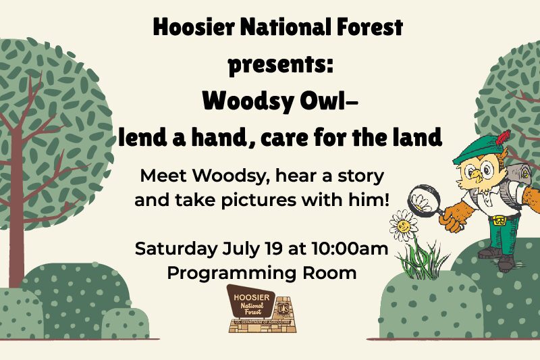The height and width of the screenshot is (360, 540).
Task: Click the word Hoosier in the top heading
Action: pyautogui.click(x=194, y=27)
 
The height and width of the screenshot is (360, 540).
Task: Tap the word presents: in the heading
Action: pyautogui.click(x=281, y=65)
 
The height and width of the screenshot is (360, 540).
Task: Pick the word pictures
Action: pyautogui.click(x=259, y=200)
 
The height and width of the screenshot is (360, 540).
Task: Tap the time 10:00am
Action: pyautogui.click(x=350, y=249)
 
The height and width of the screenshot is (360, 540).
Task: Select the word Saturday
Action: pyautogui.click(x=176, y=249)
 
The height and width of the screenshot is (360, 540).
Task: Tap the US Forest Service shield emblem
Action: pyautogui.click(x=283, y=307)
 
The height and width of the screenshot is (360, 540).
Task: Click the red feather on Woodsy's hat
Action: pyautogui.click(x=502, y=136)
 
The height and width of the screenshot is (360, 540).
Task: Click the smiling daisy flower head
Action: pyautogui.click(x=403, y=226)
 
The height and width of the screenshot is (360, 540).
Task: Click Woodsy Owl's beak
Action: pyautogui.click(x=476, y=174)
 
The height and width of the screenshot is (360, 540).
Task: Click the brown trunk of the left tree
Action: pyautogui.click(x=16, y=207)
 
